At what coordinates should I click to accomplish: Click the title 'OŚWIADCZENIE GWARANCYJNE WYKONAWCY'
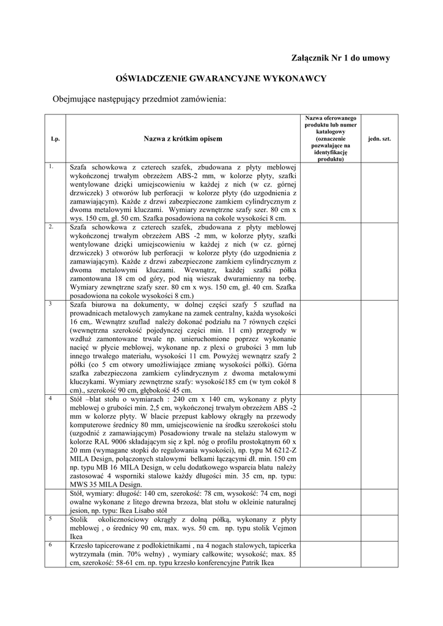click(x=221, y=78)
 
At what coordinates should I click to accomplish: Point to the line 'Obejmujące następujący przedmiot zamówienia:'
click(x=139, y=98)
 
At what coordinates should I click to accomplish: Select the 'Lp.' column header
click(x=55, y=139)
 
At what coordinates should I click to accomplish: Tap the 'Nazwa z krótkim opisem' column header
click(x=183, y=139)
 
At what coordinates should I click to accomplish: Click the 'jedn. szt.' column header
click(x=379, y=139)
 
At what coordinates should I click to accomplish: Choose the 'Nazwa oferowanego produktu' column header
click(x=331, y=139)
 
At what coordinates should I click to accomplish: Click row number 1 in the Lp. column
click(x=53, y=166)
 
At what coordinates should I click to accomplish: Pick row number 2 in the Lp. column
click(x=53, y=226)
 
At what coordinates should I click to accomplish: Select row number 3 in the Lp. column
click(x=52, y=303)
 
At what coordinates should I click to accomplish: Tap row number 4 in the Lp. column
click(x=53, y=397)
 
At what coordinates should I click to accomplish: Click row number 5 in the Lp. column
click(x=52, y=517)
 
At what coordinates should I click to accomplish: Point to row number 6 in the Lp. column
click(x=52, y=543)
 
